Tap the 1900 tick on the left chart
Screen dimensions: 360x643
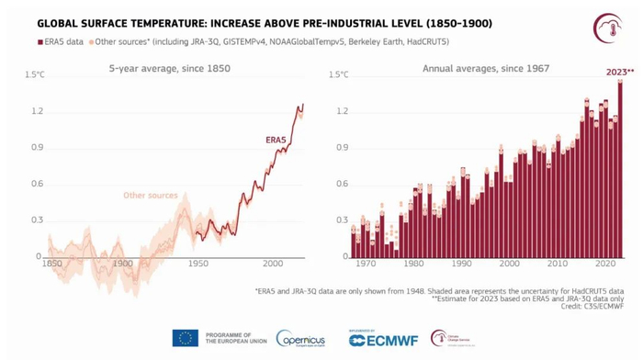124,264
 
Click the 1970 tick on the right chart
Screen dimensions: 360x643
365,264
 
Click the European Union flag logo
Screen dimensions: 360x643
185,337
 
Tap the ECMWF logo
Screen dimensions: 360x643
383,339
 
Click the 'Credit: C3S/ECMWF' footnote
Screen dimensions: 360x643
588,306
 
